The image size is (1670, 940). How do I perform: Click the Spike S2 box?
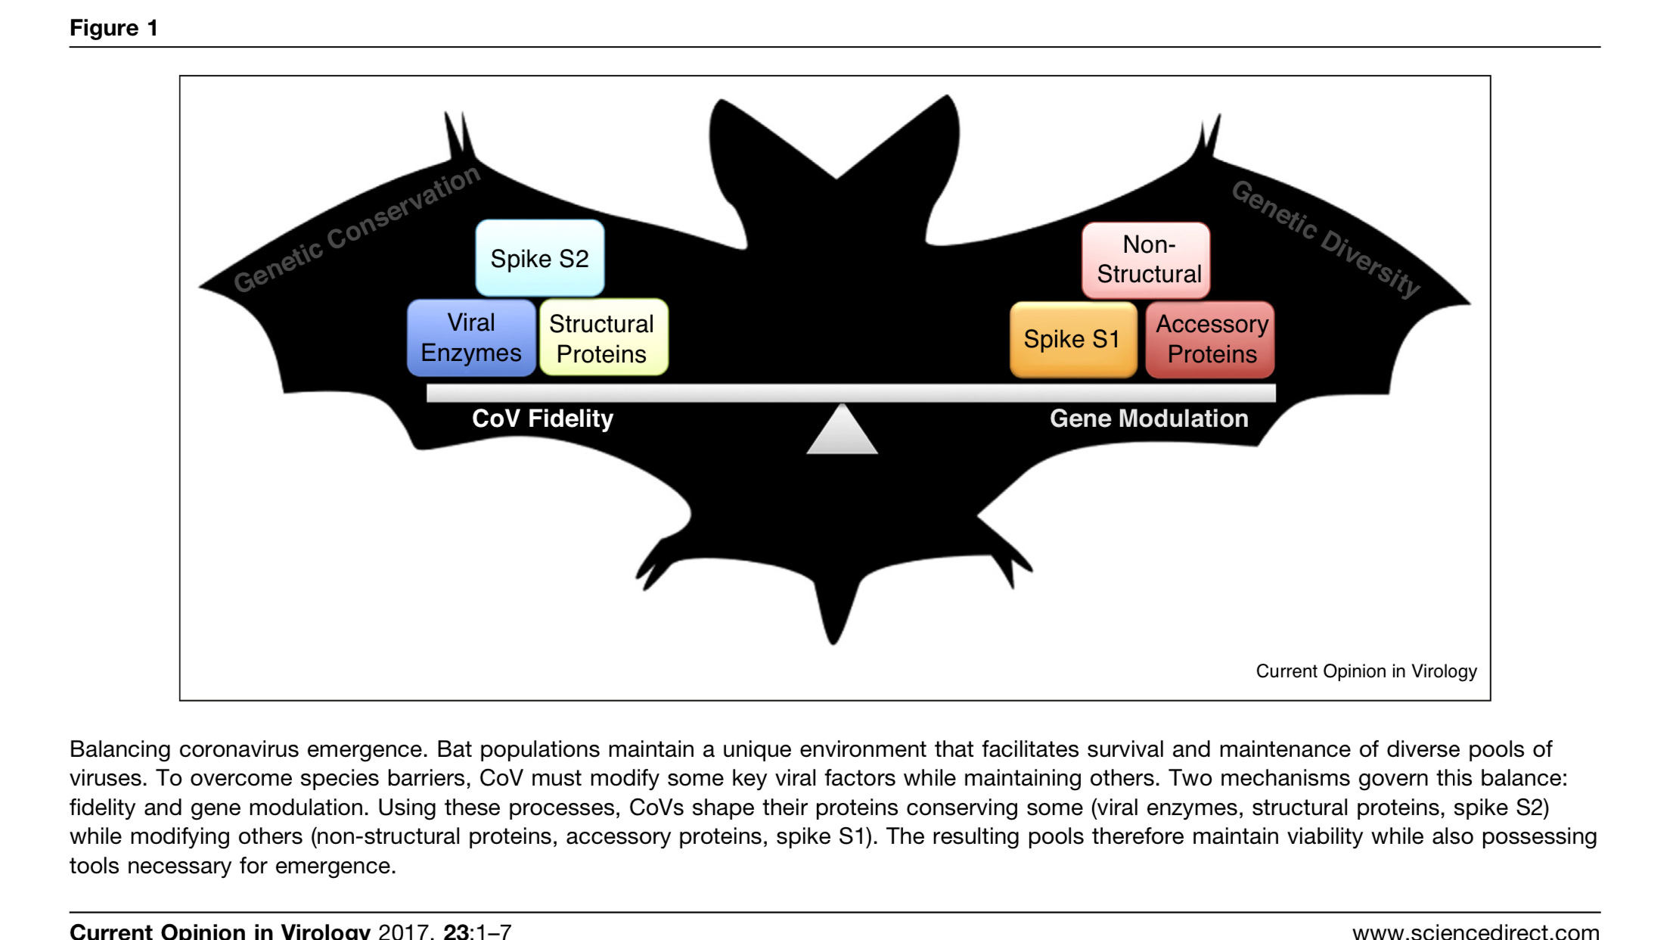[539, 258]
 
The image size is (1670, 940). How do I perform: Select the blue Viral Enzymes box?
[471, 338]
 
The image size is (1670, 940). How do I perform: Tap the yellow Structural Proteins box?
[602, 338]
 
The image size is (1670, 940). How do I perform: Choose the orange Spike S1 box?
[1072, 339]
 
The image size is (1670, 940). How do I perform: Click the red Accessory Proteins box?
[1211, 339]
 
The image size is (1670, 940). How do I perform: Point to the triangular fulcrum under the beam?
[842, 432]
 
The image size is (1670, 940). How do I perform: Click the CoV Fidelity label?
[542, 419]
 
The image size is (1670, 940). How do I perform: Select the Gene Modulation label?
[1148, 419]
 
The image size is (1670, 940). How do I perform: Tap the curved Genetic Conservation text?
[356, 229]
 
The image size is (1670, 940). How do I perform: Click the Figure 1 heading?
[113, 28]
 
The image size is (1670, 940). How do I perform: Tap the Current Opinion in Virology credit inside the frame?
[1365, 671]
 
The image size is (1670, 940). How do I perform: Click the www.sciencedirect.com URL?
[1475, 931]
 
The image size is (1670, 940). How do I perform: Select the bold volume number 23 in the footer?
[456, 931]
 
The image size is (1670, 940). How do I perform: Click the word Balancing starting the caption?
[120, 749]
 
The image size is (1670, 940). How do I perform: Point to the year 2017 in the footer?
[405, 931]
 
